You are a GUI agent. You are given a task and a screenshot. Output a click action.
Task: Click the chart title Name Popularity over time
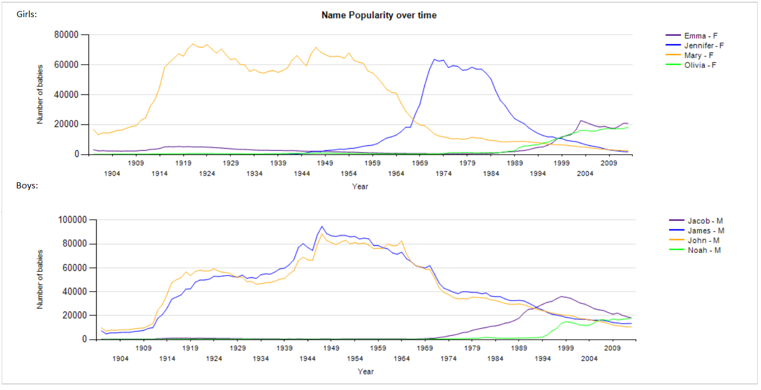379,15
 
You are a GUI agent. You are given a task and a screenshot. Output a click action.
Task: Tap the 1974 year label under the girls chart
443,173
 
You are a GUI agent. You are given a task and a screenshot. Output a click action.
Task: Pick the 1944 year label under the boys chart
308,359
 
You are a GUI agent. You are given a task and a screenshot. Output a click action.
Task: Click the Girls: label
27,14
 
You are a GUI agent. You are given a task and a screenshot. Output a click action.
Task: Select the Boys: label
27,186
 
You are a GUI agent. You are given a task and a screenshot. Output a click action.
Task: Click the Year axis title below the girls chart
360,186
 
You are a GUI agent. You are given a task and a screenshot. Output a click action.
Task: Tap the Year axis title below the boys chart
366,371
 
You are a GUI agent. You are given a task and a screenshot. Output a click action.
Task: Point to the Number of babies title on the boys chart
40,280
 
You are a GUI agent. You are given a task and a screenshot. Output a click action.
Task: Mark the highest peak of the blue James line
322,226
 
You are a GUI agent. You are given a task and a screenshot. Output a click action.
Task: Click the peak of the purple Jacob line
561,297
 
